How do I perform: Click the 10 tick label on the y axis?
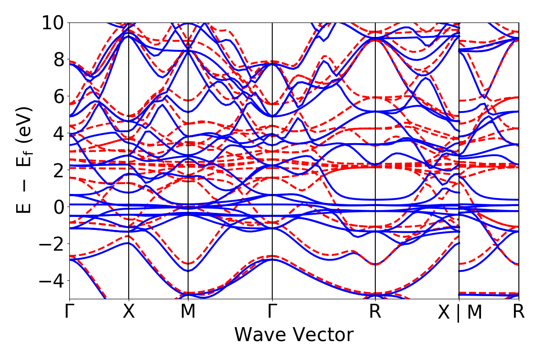[53, 22]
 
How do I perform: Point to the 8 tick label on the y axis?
[58, 59]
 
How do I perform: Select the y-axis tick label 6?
[58, 96]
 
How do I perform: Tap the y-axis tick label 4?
[58, 133]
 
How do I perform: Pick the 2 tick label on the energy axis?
[58, 170]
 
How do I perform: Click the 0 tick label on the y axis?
[58, 207]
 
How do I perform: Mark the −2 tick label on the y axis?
[51, 244]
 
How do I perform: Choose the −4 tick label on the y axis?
[51, 281]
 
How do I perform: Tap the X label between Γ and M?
[129, 311]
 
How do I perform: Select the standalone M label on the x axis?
[188, 311]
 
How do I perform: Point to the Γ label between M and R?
[272, 311]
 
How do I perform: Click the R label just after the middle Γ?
[375, 311]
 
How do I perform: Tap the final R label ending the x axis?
[519, 311]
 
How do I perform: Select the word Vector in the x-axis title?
[322, 335]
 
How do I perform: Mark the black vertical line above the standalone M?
[188, 135]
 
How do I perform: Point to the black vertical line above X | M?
[459, 135]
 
